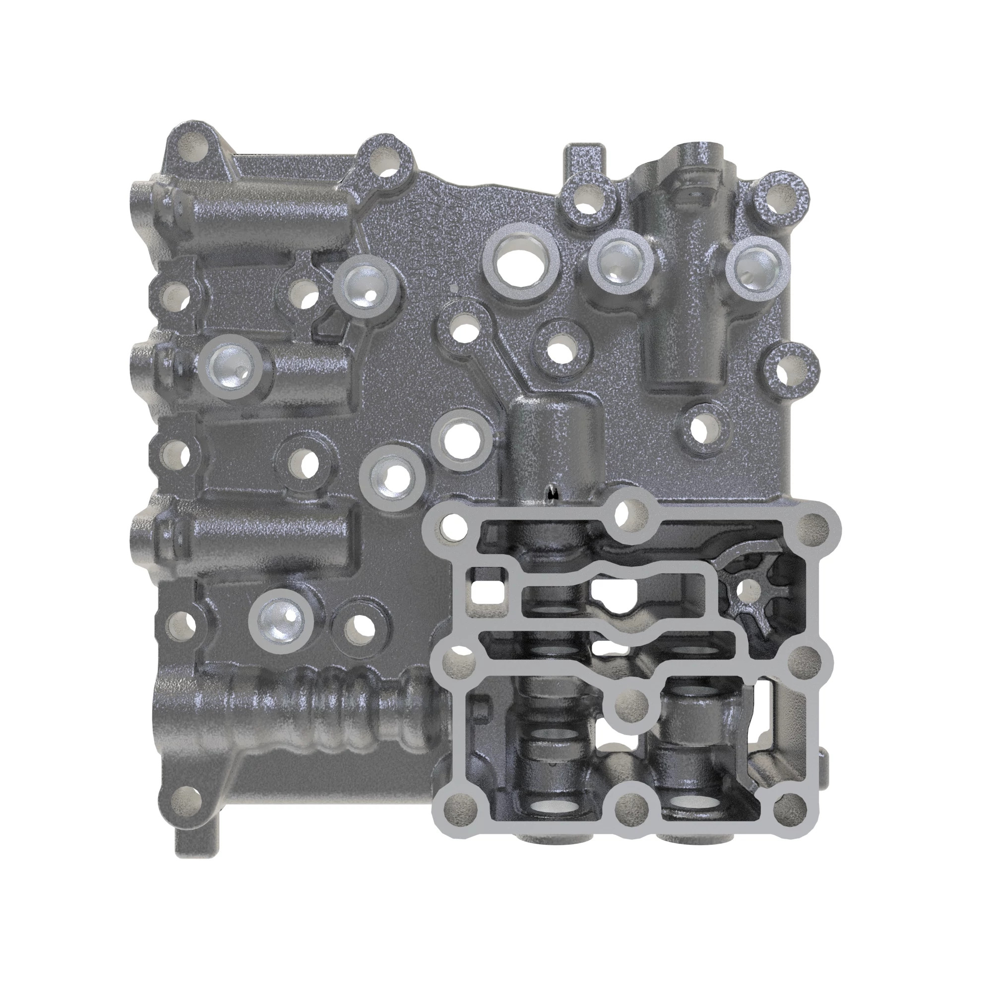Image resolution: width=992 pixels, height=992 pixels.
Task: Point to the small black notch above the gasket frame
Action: tap(553, 493)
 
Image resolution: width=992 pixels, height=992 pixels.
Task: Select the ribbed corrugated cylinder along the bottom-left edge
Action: tap(329, 711)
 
